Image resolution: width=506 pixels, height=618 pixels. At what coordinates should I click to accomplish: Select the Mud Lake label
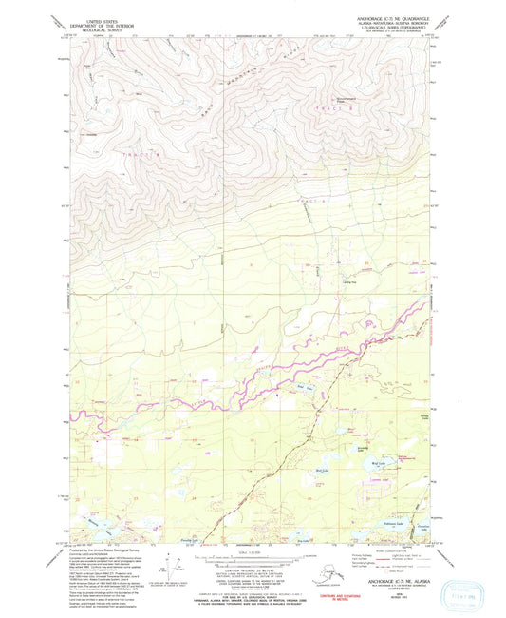click(x=322, y=470)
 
